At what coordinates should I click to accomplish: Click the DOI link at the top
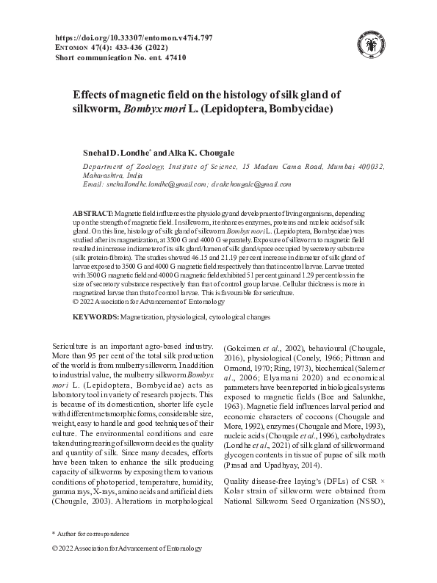[x=134, y=37]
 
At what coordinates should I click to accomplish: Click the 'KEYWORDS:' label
[x=95, y=316]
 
